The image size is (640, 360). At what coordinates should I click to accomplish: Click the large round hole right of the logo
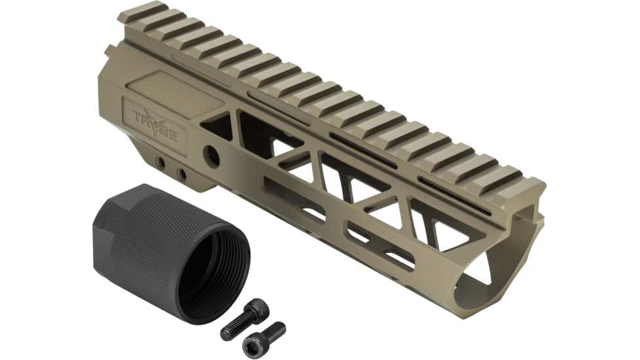coord(211,156)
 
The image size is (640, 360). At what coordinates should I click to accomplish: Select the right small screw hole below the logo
coord(181,175)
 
